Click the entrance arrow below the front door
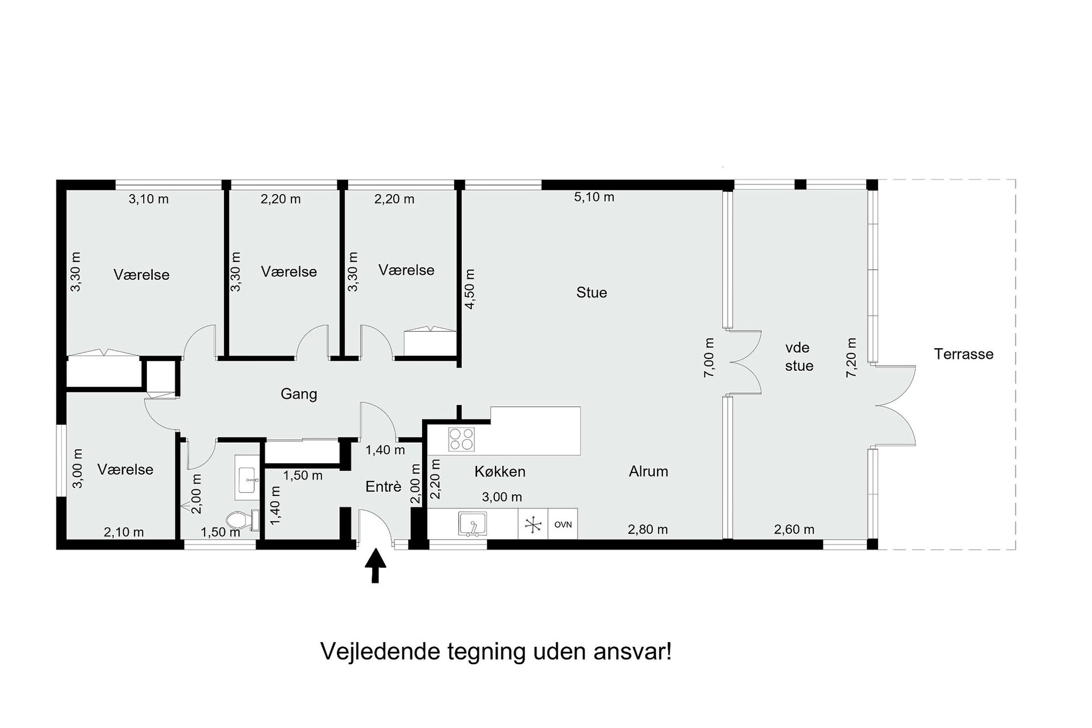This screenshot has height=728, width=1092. point(375,565)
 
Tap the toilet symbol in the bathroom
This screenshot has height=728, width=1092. point(243,520)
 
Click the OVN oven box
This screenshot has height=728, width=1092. point(562,524)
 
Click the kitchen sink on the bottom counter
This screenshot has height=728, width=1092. point(472,524)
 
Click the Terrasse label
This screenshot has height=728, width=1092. point(963,354)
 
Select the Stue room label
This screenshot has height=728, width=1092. point(591,292)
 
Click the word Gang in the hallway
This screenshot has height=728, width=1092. point(299,394)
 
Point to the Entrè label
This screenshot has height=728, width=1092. point(383,486)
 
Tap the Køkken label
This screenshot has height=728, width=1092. point(500,472)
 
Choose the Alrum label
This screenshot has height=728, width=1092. point(648,471)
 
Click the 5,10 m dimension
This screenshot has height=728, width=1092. point(594,197)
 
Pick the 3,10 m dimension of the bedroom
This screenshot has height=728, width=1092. point(149,199)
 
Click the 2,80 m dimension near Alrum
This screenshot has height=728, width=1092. point(647,529)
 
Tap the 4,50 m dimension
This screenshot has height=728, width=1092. point(470,289)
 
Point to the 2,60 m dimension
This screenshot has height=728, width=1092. point(794,529)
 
